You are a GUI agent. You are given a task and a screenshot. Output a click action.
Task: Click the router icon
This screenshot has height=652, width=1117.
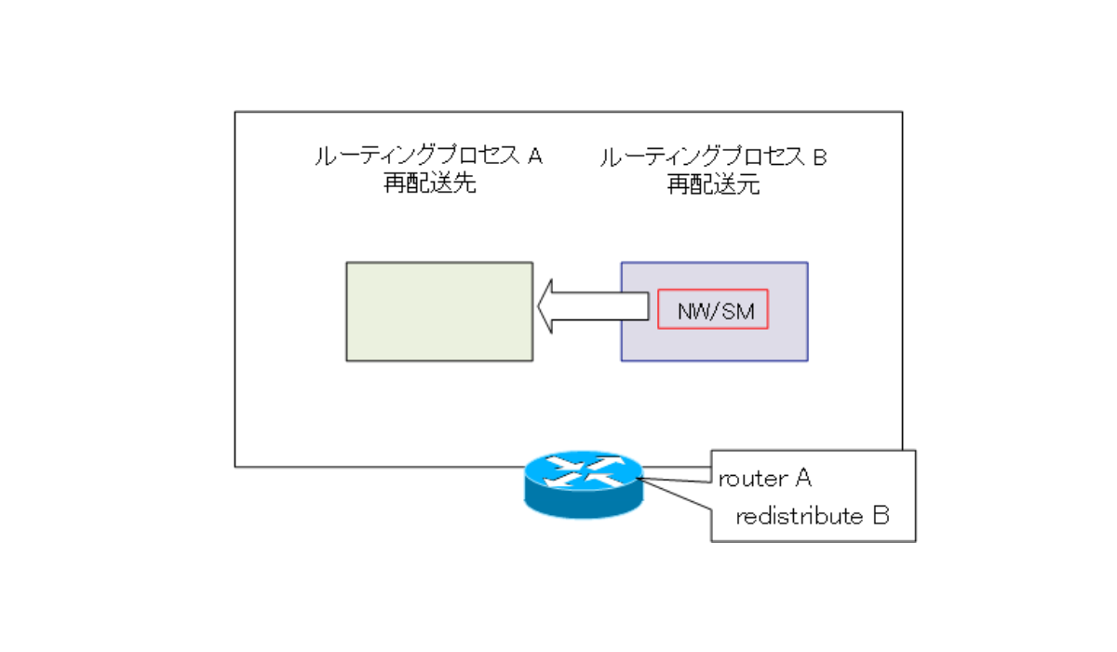583,484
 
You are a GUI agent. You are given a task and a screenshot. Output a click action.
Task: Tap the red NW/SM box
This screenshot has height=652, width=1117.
713,309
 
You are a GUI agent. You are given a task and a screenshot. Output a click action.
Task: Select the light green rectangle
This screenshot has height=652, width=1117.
439,311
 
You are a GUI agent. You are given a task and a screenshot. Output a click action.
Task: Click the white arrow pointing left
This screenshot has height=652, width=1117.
592,306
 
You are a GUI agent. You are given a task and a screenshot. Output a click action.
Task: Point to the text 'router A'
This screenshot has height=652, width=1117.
764,479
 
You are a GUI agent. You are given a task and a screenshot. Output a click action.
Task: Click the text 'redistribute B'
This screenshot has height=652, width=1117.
812,517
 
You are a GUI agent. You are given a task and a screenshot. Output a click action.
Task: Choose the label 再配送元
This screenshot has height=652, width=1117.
714,184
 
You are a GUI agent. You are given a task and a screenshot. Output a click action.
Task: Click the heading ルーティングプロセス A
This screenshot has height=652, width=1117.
429,156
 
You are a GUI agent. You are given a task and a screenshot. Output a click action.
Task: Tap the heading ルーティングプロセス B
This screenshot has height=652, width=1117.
714,157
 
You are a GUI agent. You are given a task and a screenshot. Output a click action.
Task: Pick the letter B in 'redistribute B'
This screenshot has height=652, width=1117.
881,517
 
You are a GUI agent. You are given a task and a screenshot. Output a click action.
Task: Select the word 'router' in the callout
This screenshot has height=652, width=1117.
751,480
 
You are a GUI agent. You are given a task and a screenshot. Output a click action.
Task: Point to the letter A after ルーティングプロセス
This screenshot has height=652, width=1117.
534,156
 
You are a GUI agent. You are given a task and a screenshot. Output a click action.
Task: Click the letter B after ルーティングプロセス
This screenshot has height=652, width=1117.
819,157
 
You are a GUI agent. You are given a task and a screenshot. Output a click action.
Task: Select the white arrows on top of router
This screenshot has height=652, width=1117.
583,471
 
